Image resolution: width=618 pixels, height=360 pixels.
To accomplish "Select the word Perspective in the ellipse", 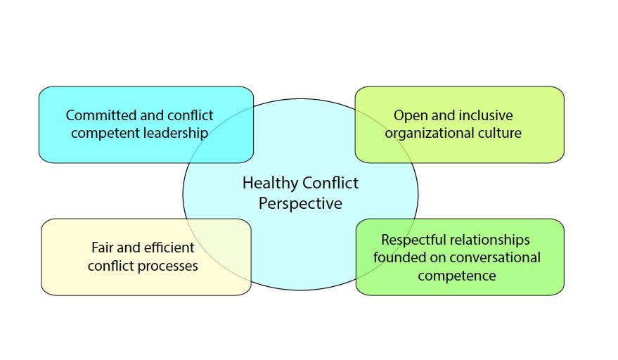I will pyautogui.click(x=300, y=204).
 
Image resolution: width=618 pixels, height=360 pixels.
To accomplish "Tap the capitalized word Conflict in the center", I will pyautogui.click(x=330, y=184).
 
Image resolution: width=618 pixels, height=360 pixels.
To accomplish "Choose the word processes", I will pyautogui.click(x=168, y=266).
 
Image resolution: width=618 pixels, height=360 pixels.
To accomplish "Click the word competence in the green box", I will pyautogui.click(x=456, y=276).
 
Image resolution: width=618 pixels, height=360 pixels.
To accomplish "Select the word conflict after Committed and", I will pyautogui.click(x=191, y=115).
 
